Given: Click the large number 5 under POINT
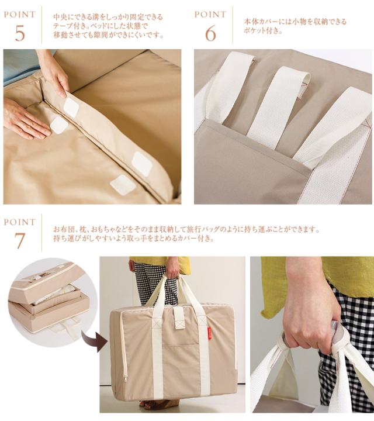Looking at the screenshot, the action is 20,33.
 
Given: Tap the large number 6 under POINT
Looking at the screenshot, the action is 210,34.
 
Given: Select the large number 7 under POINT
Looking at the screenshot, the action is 20,240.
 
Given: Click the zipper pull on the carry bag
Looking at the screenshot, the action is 125,378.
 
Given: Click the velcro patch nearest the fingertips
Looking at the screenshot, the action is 71,108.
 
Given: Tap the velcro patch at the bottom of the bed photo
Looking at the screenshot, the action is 120,184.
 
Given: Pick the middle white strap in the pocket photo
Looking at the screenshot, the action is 278,106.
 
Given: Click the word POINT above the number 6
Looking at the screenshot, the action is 210,14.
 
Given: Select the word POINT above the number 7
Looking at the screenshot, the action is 20,222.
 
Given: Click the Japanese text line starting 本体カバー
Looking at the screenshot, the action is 295,22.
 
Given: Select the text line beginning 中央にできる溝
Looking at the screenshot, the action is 108,17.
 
